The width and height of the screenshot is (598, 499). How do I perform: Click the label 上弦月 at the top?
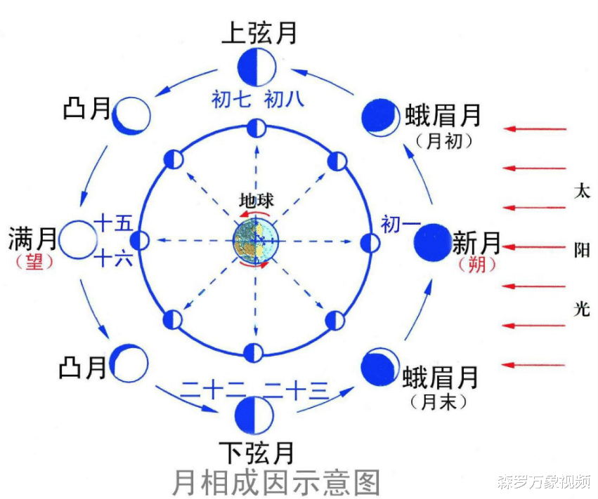(x=259, y=33)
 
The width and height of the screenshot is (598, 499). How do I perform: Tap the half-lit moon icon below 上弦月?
(x=256, y=67)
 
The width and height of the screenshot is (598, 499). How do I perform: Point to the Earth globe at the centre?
(x=256, y=241)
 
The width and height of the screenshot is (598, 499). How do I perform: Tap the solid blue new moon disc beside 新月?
(x=432, y=243)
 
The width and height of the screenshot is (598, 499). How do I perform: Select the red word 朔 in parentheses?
(x=476, y=264)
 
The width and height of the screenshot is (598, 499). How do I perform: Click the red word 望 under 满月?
(x=34, y=262)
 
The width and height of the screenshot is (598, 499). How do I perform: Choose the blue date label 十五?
(x=114, y=223)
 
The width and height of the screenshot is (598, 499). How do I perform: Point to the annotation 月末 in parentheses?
(x=438, y=402)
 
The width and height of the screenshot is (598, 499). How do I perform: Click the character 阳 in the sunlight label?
(x=582, y=251)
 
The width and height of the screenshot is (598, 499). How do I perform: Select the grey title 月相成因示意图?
(x=276, y=482)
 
